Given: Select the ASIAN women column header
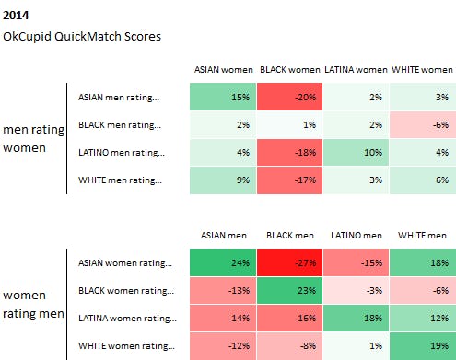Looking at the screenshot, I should tap(224, 69).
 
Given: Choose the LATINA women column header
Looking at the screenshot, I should tap(357, 69).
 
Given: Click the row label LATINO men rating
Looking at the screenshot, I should tap(121, 153).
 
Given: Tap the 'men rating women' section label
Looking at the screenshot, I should tap(33, 138).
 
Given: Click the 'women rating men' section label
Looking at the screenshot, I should tap(33, 305).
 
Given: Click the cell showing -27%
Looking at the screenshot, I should tap(290, 263).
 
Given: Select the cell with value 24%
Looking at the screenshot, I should tap(224, 263).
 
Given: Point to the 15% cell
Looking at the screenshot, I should tap(224, 97).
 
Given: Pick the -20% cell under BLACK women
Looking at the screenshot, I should tap(290, 97).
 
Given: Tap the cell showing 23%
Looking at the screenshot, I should tap(290, 291).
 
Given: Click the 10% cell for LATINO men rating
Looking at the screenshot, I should tap(357, 153).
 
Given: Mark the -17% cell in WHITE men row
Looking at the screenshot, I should tap(290, 180).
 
